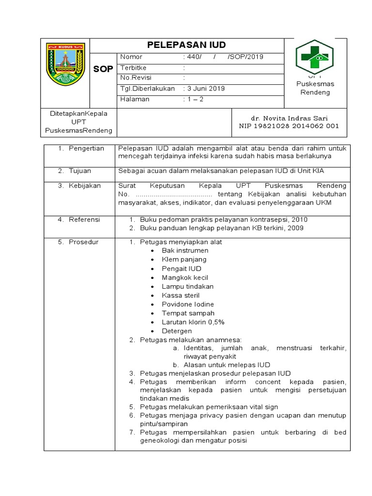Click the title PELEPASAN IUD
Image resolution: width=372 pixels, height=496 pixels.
coord(186,45)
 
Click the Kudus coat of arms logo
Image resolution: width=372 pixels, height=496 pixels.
coord(65,64)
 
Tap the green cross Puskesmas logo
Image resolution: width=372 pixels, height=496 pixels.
coord(315,57)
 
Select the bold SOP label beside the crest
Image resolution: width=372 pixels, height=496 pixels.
coord(103,69)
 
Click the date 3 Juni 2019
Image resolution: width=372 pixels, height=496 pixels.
coord(203,89)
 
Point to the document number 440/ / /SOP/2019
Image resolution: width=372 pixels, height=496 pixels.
coord(223,57)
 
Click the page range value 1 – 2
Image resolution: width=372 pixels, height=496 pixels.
coord(193,99)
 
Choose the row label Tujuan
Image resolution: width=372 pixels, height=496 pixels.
coord(79,171)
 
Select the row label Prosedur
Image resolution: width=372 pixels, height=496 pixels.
coord(83,242)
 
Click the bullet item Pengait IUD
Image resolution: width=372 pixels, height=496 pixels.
coord(181,268)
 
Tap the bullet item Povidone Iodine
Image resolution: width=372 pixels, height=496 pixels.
coord(188,304)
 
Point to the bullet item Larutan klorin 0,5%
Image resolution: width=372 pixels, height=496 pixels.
coord(193,322)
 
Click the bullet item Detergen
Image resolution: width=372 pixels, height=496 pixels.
coord(177,331)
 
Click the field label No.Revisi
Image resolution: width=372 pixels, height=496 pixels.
coord(136,78)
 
